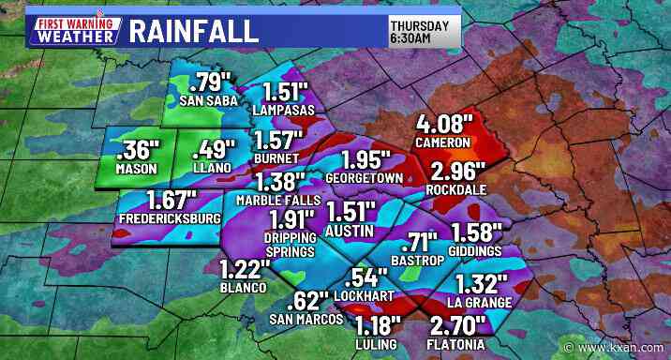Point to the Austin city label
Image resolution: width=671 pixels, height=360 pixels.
(x=350, y=230)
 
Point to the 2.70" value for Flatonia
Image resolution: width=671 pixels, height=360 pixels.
(x=458, y=326)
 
